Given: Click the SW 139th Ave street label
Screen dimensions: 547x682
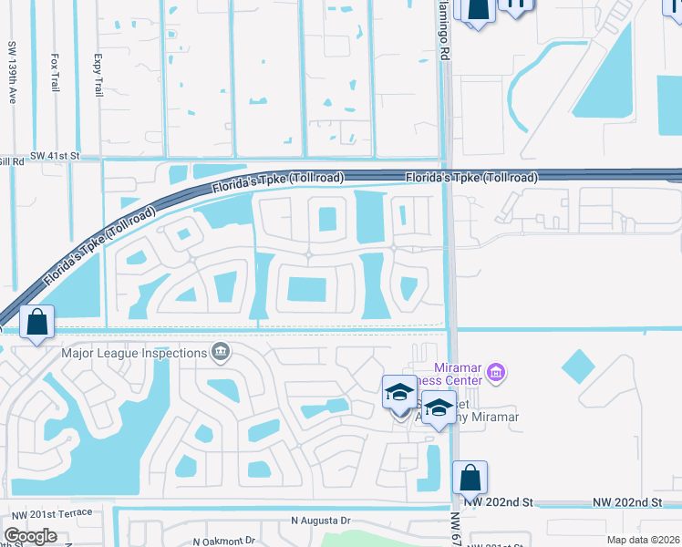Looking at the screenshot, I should [13, 71].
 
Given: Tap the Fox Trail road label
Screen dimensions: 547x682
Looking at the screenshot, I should [55, 72].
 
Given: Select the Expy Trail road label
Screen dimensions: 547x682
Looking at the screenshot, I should [98, 76].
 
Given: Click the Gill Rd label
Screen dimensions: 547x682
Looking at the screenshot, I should [11, 160].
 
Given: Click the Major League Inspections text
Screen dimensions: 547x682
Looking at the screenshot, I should [133, 353].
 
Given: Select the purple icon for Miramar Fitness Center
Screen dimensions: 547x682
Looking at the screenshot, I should [496, 372].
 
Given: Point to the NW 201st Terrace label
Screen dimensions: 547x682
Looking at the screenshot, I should [47, 512].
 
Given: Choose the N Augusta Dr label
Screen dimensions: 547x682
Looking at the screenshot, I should [320, 520].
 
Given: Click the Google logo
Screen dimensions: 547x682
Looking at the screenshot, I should [29, 535].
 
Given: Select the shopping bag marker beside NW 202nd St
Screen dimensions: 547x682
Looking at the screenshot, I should [470, 478].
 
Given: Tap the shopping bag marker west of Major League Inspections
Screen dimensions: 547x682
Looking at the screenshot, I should [36, 322].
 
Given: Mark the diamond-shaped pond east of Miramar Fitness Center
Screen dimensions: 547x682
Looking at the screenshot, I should [578, 366].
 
